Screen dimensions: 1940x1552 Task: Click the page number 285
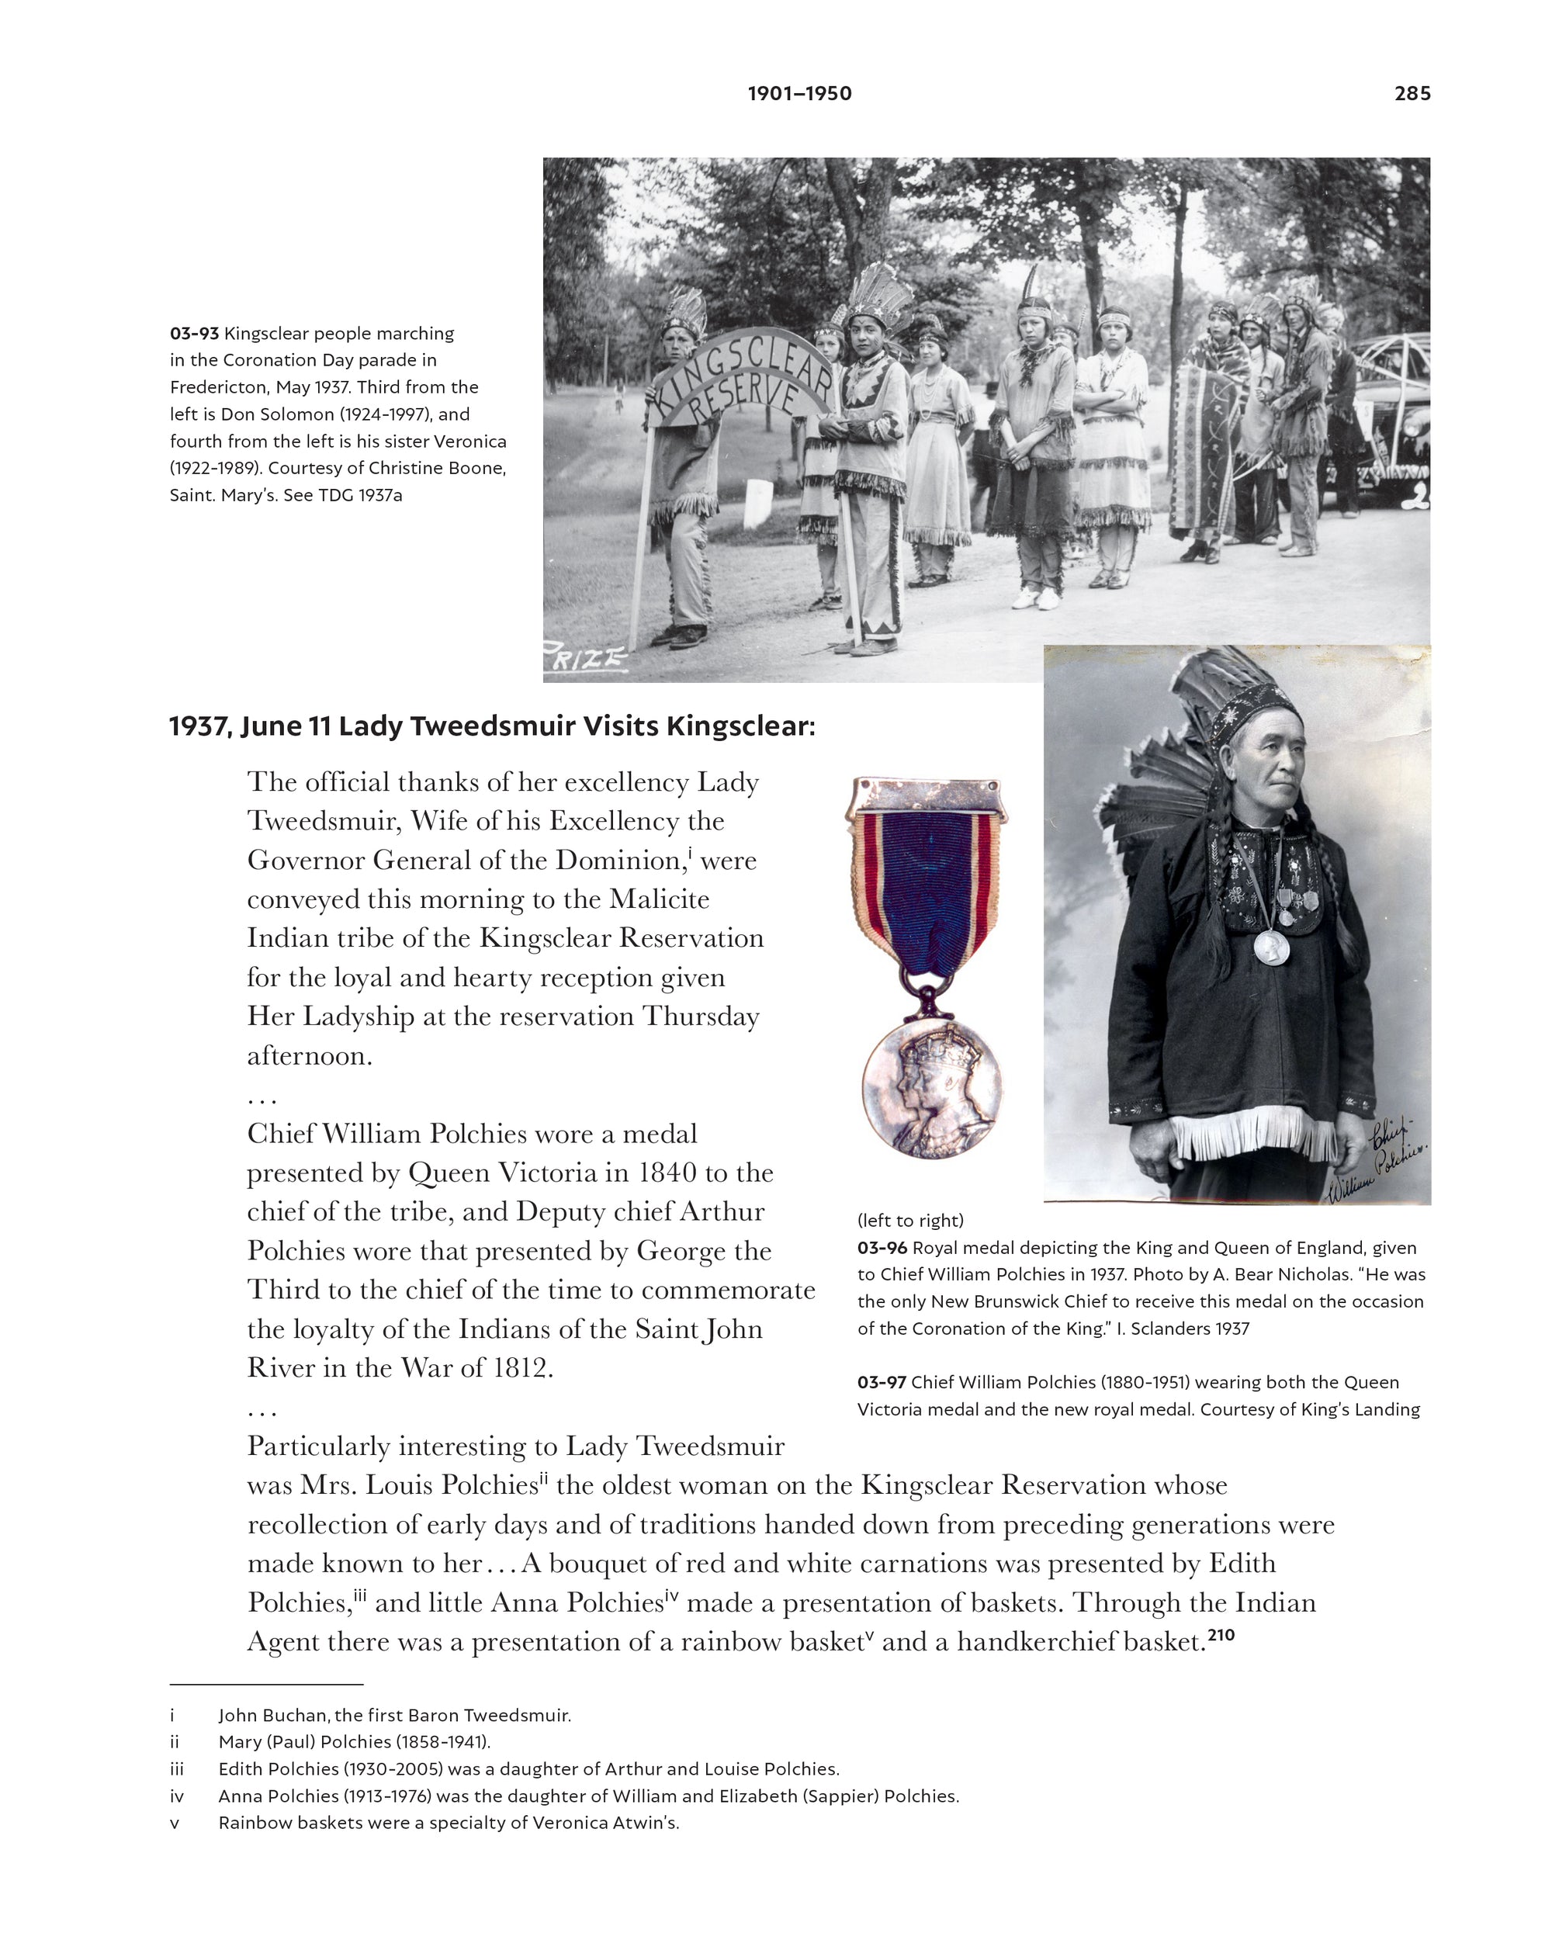click(1412, 94)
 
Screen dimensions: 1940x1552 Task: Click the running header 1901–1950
click(799, 94)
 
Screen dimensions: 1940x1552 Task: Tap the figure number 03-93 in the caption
click(194, 334)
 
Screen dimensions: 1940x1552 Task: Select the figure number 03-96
click(882, 1248)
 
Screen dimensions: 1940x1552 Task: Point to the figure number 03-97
click(882, 1382)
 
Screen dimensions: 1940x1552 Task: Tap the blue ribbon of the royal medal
click(927, 891)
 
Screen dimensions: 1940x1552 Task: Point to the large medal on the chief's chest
click(1271, 947)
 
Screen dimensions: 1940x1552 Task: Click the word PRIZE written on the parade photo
click(585, 660)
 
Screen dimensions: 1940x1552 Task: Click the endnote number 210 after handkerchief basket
click(1221, 1636)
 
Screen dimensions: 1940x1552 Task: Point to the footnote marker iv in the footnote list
click(177, 1797)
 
